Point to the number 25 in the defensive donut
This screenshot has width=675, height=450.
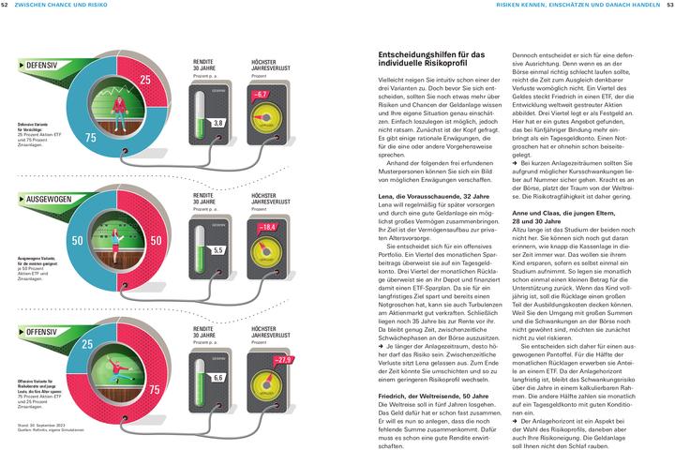[145, 80]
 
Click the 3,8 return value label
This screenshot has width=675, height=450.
[217, 123]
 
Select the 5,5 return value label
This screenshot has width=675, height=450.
[217, 250]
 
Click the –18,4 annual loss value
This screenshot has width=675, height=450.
[267, 227]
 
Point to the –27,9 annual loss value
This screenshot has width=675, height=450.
[280, 359]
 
